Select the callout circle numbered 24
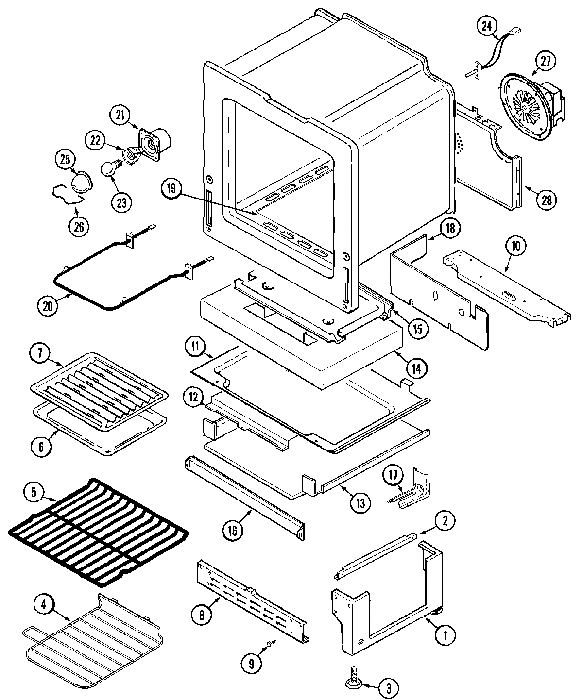click(x=486, y=27)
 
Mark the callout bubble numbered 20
click(x=48, y=305)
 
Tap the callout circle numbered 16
click(x=232, y=530)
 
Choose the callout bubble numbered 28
click(x=546, y=199)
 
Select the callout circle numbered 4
click(x=44, y=605)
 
